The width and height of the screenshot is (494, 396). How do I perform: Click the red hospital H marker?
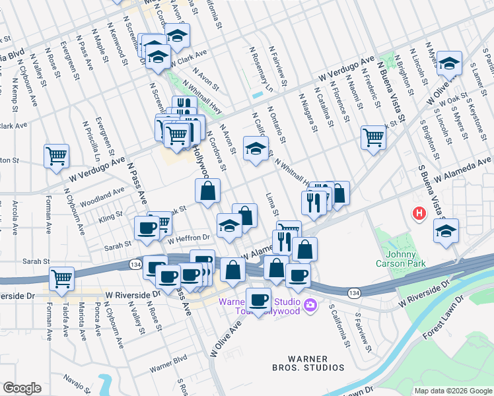point(418,214)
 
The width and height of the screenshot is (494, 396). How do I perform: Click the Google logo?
point(22,388)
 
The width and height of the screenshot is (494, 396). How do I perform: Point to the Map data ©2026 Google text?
point(452,390)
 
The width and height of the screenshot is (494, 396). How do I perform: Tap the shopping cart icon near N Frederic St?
point(373,138)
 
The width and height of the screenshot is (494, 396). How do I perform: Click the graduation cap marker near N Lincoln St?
point(449,63)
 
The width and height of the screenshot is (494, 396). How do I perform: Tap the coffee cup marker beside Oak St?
point(146,228)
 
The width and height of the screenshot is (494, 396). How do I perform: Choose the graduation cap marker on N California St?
point(256,148)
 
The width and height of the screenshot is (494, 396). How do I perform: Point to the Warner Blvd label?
point(168,365)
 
